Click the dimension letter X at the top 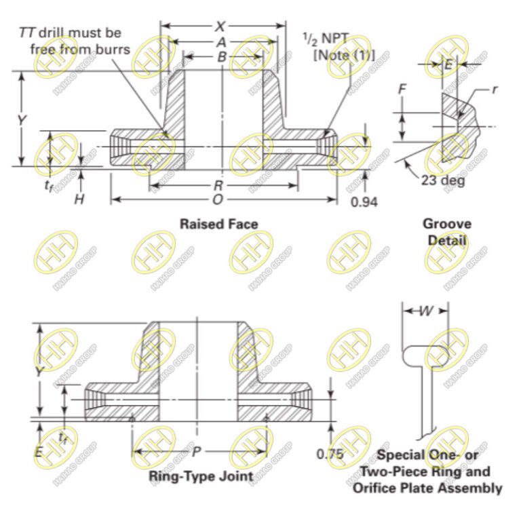(220, 26)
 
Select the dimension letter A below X (220, 42)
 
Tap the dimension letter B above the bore (221, 57)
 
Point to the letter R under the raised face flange (218, 185)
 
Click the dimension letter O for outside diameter (217, 199)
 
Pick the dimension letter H (79, 198)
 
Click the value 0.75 (330, 454)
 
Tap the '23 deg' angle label (443, 181)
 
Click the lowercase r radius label (495, 88)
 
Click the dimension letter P (196, 451)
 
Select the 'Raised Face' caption (218, 223)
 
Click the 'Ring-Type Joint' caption (201, 476)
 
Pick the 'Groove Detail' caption (447, 231)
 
